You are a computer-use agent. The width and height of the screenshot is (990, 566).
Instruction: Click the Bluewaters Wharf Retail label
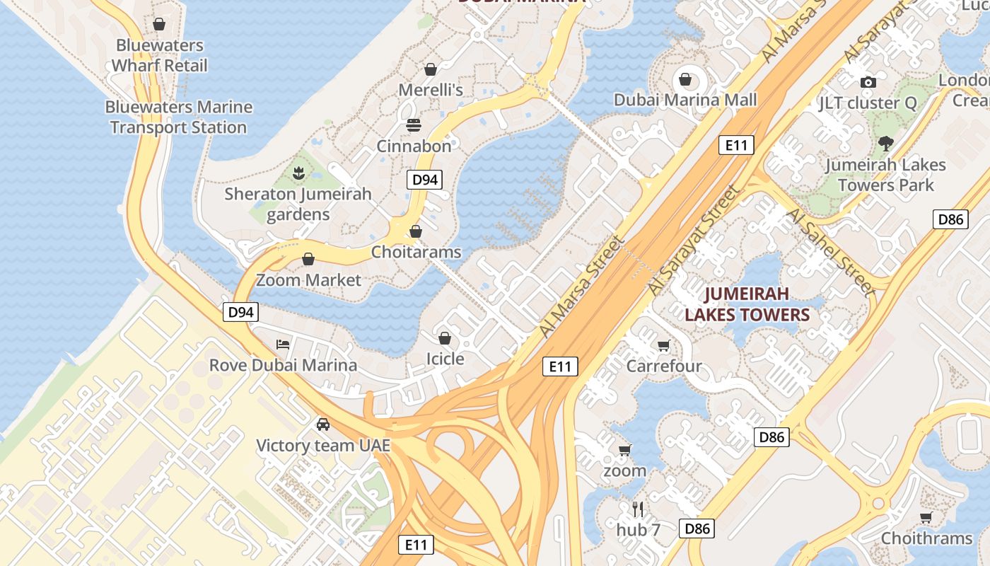pyautogui.click(x=160, y=55)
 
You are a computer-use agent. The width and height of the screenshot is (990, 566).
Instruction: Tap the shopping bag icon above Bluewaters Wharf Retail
pyautogui.click(x=159, y=24)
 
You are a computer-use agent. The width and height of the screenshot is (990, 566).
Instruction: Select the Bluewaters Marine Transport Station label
pyautogui.click(x=178, y=117)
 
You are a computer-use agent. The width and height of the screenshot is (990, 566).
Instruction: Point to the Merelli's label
pyautogui.click(x=431, y=90)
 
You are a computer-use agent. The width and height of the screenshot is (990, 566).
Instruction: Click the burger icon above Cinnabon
pyautogui.click(x=414, y=125)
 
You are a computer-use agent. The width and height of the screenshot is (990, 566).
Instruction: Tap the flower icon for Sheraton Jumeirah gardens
pyautogui.click(x=298, y=172)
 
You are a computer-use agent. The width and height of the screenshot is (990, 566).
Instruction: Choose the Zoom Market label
pyautogui.click(x=308, y=279)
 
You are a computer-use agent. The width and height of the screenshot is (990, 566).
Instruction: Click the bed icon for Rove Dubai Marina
pyautogui.click(x=283, y=345)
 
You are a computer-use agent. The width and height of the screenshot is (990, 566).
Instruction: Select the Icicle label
pyautogui.click(x=445, y=359)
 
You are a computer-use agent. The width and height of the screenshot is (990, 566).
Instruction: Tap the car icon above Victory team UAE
pyautogui.click(x=323, y=424)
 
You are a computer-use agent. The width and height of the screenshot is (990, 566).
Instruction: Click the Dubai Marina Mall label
pyautogui.click(x=685, y=100)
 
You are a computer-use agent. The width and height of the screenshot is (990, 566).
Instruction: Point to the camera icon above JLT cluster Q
pyautogui.click(x=868, y=82)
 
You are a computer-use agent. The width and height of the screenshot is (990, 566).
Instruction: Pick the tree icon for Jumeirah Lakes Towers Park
pyautogui.click(x=885, y=144)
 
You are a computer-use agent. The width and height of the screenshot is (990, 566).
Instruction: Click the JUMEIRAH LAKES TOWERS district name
pyautogui.click(x=747, y=304)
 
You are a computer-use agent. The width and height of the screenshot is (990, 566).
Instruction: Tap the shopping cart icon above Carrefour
pyautogui.click(x=663, y=345)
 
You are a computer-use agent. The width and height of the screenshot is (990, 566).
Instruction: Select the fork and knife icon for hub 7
pyautogui.click(x=638, y=509)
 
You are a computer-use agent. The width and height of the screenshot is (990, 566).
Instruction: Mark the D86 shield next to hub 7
pyautogui.click(x=697, y=528)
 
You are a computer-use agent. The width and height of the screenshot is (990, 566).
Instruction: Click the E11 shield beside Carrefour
pyautogui.click(x=560, y=366)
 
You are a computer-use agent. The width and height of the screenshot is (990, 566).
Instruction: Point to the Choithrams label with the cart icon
pyautogui.click(x=926, y=538)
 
